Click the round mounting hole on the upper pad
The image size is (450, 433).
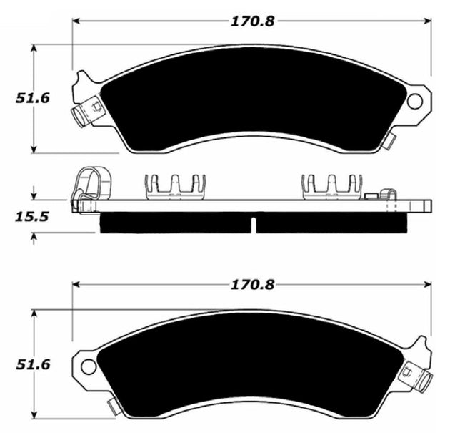point(415,101)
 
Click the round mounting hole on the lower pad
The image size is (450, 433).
point(89,366)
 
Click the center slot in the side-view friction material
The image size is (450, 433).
point(253,224)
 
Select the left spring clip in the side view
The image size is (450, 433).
point(176,186)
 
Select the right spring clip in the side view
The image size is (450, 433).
point(333,186)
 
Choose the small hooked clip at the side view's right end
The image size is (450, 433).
point(386,198)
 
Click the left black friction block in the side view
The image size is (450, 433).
point(175,223)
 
